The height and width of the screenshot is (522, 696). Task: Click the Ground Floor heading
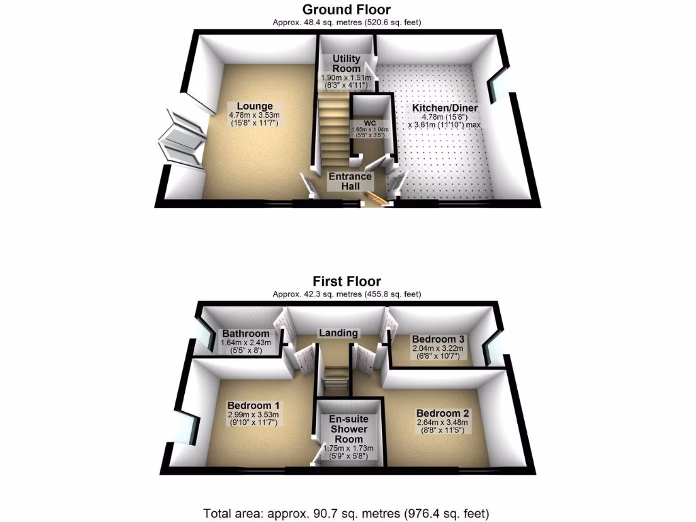click(x=347, y=10)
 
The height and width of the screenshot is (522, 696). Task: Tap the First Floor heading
click(x=347, y=281)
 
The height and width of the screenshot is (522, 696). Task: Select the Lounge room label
click(x=254, y=106)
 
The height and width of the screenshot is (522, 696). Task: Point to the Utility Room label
click(x=347, y=64)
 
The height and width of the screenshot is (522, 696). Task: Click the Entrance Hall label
click(x=350, y=181)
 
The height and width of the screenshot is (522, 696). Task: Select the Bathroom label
click(x=245, y=334)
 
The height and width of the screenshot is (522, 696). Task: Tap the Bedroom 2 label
click(x=442, y=413)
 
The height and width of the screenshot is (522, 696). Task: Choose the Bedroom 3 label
click(x=438, y=339)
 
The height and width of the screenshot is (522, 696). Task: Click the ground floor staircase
click(x=332, y=129)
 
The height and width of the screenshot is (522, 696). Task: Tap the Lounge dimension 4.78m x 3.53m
click(x=254, y=116)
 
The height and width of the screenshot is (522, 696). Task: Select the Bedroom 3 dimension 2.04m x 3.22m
click(x=437, y=349)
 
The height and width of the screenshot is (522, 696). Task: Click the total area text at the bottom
click(x=347, y=512)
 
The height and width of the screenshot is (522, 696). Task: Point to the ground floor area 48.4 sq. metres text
click(x=347, y=22)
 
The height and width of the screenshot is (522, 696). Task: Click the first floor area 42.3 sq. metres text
click(x=347, y=294)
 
